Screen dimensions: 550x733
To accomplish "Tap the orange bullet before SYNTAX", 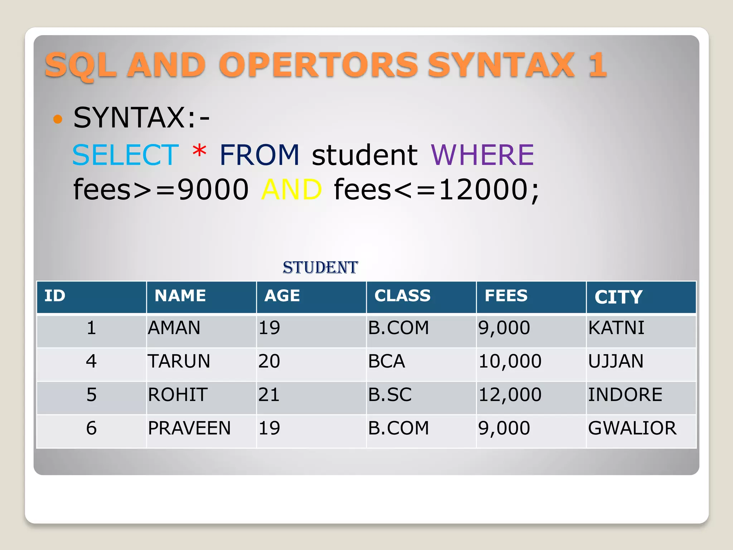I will [58, 119].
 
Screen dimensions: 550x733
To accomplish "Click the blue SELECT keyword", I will [125, 155].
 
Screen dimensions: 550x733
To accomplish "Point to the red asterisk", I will [199, 151].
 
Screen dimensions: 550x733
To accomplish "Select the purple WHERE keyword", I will [482, 155].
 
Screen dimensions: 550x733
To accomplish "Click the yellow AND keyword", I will [291, 189].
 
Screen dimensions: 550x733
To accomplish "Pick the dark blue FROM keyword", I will [259, 155].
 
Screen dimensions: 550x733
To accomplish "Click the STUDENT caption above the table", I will [320, 267].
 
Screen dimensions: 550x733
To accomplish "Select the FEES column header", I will [506, 296].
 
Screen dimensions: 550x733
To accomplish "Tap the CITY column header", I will [618, 297].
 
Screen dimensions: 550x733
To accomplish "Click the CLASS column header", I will [402, 296].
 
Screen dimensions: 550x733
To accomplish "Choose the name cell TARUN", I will [179, 361].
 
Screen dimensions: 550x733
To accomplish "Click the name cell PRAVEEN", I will [189, 428].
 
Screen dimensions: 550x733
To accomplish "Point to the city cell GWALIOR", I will [632, 428].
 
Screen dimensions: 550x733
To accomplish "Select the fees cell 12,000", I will [510, 395].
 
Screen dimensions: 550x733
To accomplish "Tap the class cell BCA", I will [387, 361].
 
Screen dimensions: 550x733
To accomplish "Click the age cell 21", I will [269, 395].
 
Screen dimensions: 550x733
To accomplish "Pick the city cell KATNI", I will [616, 328].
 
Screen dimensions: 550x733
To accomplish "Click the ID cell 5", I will [91, 395].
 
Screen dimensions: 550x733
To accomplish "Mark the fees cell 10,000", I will [510, 361].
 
